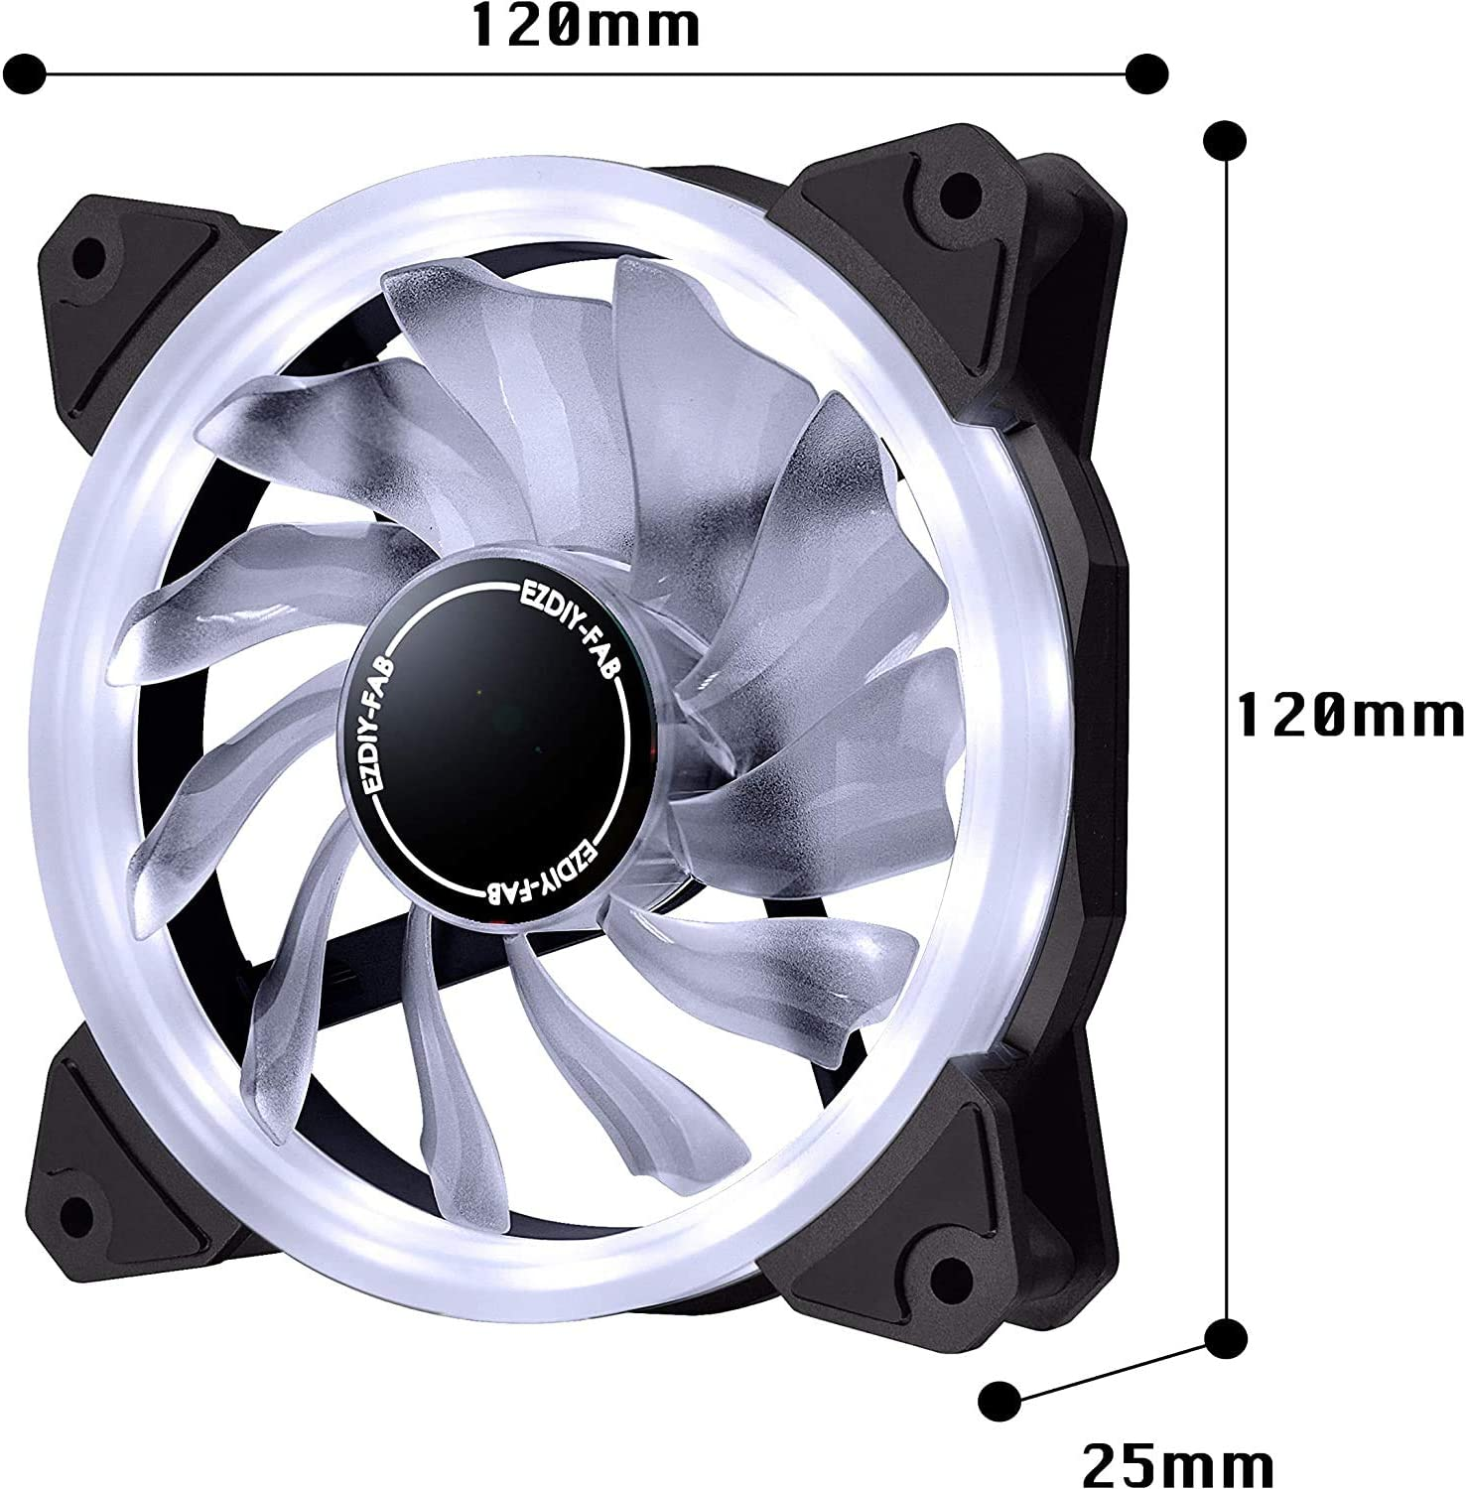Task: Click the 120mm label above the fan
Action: coord(586,28)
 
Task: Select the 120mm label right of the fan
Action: coord(1350,715)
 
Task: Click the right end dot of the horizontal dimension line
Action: coord(1147,71)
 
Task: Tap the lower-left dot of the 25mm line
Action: coord(1000,1399)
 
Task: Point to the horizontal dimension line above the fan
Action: coord(586,71)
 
